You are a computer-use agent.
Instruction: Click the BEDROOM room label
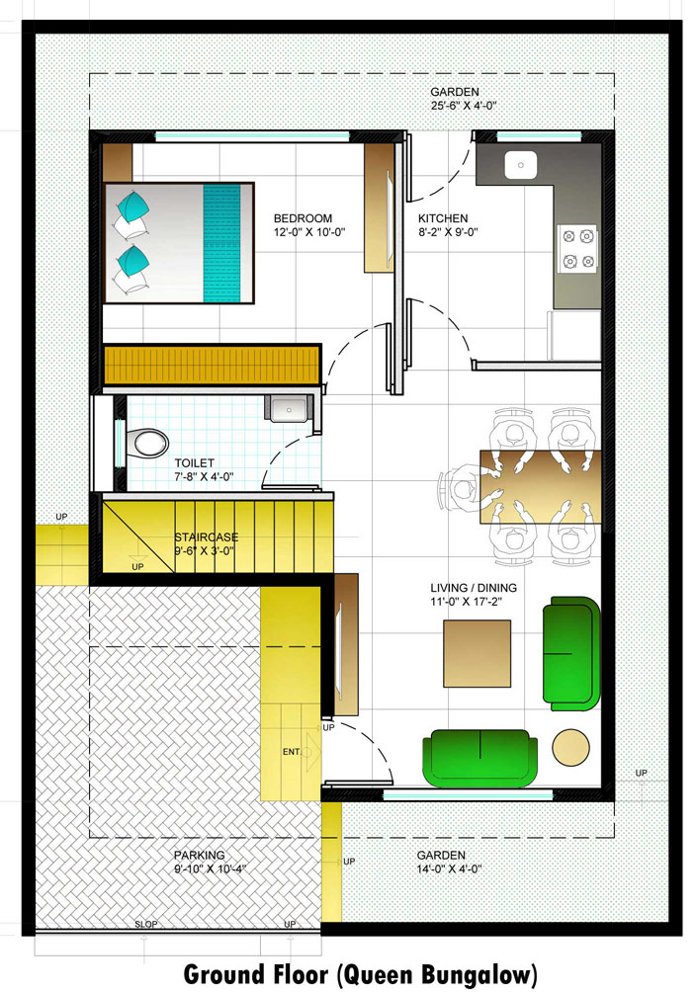pos(303,218)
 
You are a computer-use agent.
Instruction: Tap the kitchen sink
pos(520,165)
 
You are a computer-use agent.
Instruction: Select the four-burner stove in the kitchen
pos(578,249)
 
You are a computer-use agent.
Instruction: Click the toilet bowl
pos(150,443)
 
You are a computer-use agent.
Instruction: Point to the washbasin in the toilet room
pos(289,408)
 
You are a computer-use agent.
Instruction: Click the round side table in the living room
pos(571,747)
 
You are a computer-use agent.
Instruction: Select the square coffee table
pos(477,653)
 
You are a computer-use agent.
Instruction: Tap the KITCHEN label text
pos(443,218)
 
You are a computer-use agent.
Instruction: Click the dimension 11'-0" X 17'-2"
pos(466,602)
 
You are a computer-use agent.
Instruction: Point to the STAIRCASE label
pos(207,537)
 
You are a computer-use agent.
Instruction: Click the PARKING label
pos(200,855)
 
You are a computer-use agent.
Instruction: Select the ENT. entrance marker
pos(292,752)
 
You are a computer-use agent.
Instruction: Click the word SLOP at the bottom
pos(146,924)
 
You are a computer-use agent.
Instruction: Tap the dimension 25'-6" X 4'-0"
pos(464,106)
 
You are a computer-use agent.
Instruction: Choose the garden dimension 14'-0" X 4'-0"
pos(450,868)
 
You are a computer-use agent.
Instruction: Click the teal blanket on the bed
pos(222,243)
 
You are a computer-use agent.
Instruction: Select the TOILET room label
pos(195,463)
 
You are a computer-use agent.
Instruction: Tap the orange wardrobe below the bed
pos(212,365)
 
